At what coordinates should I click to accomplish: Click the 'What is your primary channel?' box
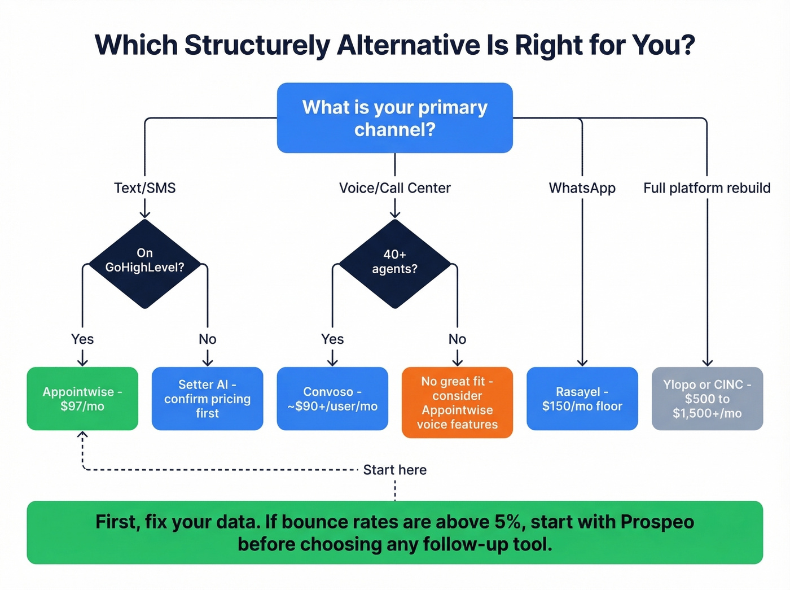click(394, 118)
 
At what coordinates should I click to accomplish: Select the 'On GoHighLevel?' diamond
click(145, 263)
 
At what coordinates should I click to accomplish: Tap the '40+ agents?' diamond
click(394, 263)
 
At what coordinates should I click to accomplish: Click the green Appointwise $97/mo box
click(82, 399)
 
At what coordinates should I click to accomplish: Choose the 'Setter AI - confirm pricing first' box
click(207, 399)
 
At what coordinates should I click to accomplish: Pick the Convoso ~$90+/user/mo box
click(332, 399)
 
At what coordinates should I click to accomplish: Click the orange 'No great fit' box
click(457, 403)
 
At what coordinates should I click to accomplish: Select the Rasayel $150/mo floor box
click(582, 399)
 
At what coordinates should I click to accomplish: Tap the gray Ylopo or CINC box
click(707, 399)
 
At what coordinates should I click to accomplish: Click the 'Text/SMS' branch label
click(145, 188)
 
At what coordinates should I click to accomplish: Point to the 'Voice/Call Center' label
click(394, 188)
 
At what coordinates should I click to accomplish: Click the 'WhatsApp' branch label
click(582, 188)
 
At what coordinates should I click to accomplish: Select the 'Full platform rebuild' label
click(706, 188)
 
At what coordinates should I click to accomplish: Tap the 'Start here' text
click(394, 470)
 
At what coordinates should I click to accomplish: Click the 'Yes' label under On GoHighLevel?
click(82, 339)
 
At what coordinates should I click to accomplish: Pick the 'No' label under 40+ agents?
click(457, 339)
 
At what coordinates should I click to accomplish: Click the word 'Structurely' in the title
click(257, 45)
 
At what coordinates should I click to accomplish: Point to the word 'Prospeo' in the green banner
click(657, 522)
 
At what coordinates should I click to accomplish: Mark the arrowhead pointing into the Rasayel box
click(582, 363)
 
